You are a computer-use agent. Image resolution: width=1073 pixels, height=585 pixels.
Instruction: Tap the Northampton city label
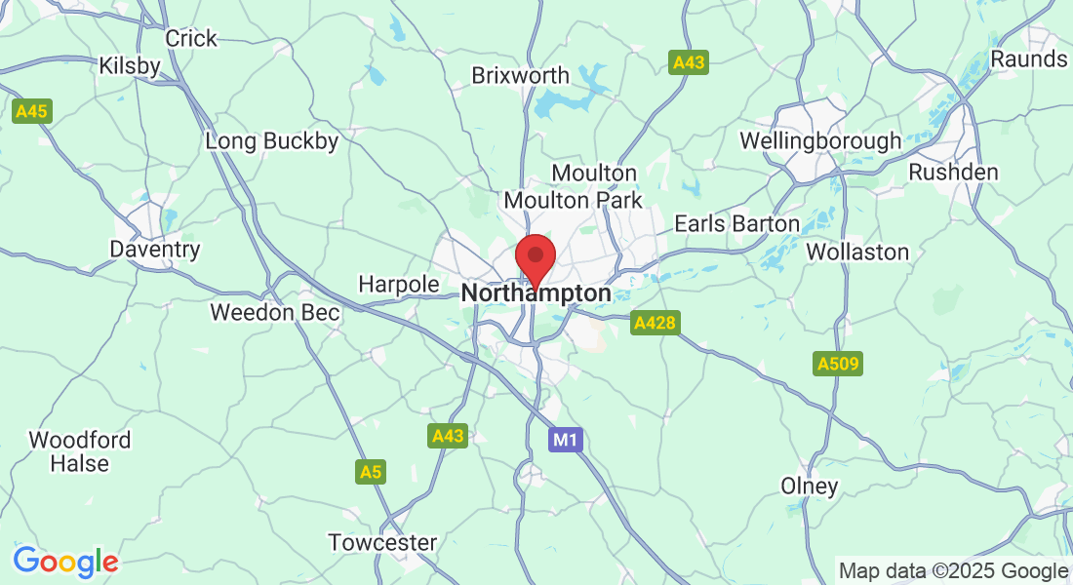click(x=536, y=293)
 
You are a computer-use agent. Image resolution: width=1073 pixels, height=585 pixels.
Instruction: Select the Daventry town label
click(x=155, y=250)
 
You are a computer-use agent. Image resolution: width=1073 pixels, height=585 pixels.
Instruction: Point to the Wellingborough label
click(x=820, y=141)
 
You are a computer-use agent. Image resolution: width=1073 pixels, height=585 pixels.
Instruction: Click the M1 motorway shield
click(x=566, y=441)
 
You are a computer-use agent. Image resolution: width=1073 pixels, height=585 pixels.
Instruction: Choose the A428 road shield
click(x=654, y=323)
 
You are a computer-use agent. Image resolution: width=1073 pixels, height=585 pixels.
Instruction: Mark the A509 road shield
click(x=837, y=365)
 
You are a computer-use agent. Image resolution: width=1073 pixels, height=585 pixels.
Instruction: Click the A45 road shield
click(x=32, y=112)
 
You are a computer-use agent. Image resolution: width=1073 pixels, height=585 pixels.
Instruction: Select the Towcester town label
click(x=382, y=542)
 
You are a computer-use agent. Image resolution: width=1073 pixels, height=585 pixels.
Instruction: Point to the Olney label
click(x=810, y=486)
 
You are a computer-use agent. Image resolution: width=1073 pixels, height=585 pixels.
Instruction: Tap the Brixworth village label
click(x=520, y=75)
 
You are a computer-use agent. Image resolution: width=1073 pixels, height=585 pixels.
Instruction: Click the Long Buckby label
click(x=272, y=141)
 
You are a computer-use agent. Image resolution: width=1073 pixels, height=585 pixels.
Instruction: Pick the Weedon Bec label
click(x=275, y=313)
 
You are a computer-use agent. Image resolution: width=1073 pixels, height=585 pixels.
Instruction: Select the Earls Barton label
click(x=736, y=224)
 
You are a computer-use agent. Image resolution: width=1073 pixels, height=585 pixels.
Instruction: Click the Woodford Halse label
click(x=80, y=451)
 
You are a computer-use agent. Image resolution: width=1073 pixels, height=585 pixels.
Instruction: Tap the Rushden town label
click(x=953, y=173)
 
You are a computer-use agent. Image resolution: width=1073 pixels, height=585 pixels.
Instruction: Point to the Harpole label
click(x=399, y=284)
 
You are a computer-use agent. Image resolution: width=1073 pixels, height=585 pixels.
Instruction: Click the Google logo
click(x=65, y=563)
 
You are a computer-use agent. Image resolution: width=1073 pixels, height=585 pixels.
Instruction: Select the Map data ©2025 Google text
click(x=954, y=571)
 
